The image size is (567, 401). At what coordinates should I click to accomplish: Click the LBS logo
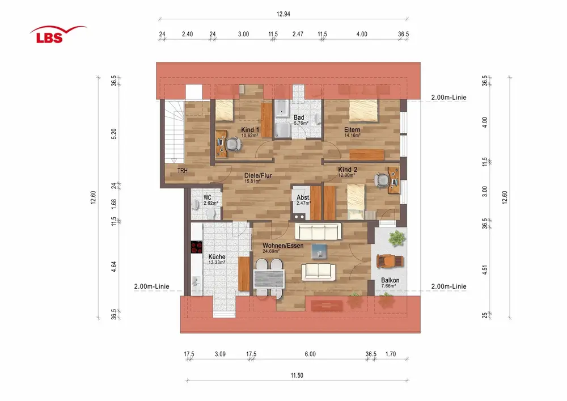click(x=58, y=35)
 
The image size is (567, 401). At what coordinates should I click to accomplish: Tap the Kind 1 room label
click(x=250, y=130)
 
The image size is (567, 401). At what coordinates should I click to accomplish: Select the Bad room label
click(x=299, y=117)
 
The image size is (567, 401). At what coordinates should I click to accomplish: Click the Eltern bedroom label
click(x=352, y=130)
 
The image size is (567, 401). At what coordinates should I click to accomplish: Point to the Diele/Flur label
click(x=258, y=175)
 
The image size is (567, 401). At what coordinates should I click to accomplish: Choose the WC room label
click(x=207, y=197)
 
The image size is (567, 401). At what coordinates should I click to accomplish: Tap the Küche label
click(x=217, y=256)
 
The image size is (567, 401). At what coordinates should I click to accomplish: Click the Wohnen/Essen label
click(x=283, y=246)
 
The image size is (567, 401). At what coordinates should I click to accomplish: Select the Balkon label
click(x=390, y=280)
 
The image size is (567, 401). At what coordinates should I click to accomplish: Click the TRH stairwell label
click(x=183, y=171)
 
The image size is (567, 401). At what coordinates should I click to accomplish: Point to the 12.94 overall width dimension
click(x=283, y=14)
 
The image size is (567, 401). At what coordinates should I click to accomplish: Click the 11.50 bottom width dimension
click(x=297, y=375)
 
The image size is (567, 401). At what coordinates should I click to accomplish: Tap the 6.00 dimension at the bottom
click(x=310, y=354)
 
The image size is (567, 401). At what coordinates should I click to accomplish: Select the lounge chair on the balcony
click(x=390, y=261)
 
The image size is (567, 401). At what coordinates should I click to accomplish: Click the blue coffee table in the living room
click(x=319, y=251)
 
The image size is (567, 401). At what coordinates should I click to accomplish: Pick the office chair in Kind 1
click(x=234, y=144)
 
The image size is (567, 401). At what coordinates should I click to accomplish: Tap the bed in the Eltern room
click(x=363, y=111)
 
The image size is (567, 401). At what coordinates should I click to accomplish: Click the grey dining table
click(x=269, y=279)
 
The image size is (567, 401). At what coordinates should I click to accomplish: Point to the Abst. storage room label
click(x=303, y=197)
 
